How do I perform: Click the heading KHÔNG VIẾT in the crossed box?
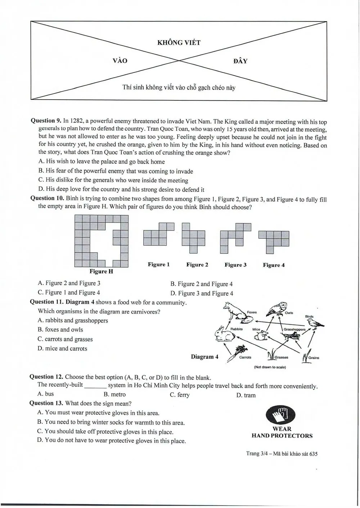click(179, 43)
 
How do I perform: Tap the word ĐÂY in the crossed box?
click(240, 61)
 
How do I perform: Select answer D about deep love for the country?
click(122, 189)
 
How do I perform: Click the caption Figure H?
click(101, 271)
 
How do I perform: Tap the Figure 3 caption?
click(235, 265)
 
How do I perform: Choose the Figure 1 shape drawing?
click(159, 234)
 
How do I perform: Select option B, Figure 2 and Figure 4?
click(202, 284)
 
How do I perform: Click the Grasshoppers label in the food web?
click(294, 329)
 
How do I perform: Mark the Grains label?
click(314, 358)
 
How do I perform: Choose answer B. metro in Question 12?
click(114, 394)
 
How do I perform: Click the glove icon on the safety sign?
click(280, 415)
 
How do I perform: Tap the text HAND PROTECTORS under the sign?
click(282, 436)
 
